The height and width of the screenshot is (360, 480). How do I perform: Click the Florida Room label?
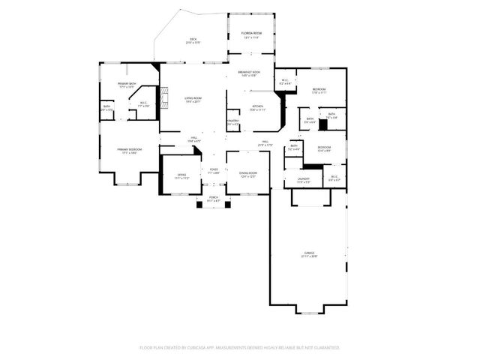[251, 34]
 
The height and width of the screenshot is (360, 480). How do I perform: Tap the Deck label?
[193, 40]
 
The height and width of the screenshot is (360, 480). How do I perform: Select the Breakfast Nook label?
[247, 73]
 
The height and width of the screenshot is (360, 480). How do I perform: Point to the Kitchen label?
[256, 106]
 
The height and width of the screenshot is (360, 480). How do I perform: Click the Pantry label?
[233, 121]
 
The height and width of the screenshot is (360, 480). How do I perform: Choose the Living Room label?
[193, 98]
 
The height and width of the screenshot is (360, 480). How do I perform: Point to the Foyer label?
[214, 169]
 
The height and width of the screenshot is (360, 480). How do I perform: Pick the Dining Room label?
[248, 175]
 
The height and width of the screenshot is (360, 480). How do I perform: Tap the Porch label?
[214, 198]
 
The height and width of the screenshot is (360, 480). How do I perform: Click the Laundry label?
[303, 178]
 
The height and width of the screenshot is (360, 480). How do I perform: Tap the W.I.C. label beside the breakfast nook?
[286, 80]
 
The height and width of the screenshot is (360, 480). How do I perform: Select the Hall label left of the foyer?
[193, 139]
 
